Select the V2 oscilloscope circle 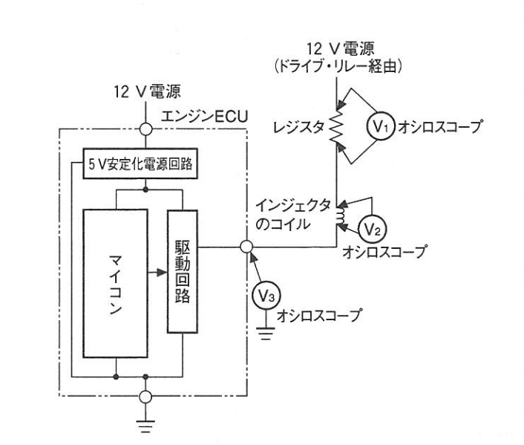(x=372, y=230)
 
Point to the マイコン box (x=115, y=283)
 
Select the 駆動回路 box (x=183, y=271)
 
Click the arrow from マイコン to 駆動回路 (x=157, y=273)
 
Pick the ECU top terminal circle (x=145, y=129)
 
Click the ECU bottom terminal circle (x=145, y=397)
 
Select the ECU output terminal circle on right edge (x=246, y=247)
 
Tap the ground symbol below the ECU (x=145, y=426)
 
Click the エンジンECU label (x=204, y=117)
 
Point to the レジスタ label (x=299, y=128)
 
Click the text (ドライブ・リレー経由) (x=338, y=67)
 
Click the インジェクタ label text (x=293, y=206)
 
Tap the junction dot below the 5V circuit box (x=145, y=189)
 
